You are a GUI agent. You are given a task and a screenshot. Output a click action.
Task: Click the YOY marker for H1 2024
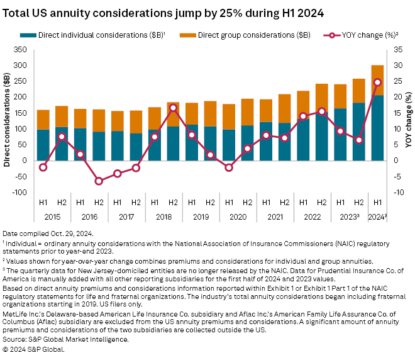tap(377, 82)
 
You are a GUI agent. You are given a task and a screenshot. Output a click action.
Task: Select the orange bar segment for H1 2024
tap(377, 80)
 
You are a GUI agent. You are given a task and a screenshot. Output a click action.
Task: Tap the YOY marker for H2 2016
tap(99, 181)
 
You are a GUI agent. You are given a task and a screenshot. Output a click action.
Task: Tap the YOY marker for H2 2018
tap(173, 108)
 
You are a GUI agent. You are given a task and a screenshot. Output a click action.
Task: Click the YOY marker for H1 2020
tap(229, 167)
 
